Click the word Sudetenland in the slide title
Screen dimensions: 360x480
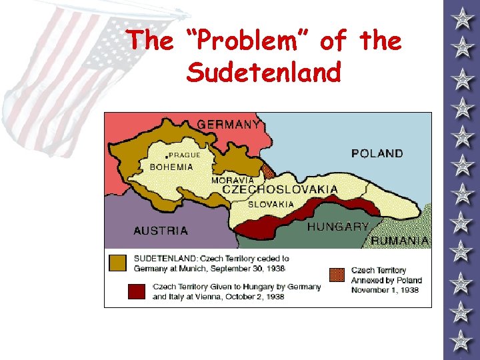263,71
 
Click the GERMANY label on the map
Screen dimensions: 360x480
228,124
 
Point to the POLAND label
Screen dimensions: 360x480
377,153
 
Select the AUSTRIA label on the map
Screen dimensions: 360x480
161,231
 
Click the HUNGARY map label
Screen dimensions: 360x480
337,227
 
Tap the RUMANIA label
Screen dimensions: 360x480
400,241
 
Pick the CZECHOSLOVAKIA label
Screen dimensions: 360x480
279,189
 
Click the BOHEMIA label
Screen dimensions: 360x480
171,167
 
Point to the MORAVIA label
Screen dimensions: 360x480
232,180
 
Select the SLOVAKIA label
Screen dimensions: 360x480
271,205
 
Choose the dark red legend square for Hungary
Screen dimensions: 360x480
136,292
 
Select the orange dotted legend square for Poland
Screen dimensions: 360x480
337,275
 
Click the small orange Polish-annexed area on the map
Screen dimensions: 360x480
268,171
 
